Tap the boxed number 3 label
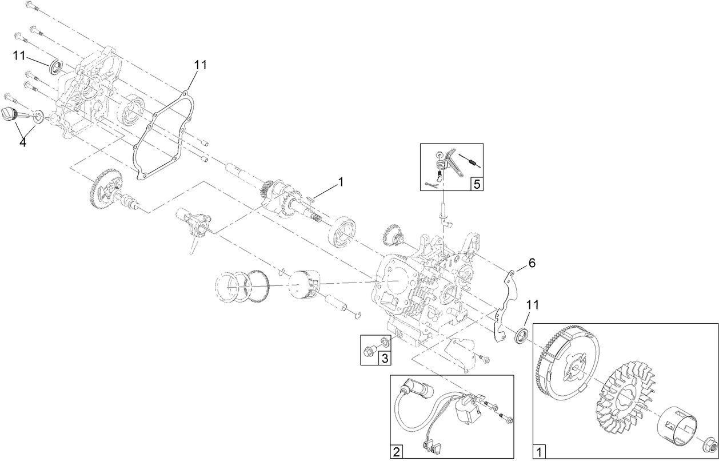click(x=385, y=359)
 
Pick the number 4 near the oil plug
click(x=23, y=142)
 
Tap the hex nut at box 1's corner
click(x=708, y=444)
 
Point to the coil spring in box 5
click(x=470, y=161)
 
